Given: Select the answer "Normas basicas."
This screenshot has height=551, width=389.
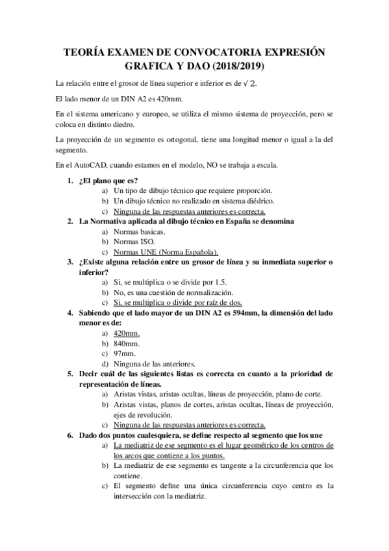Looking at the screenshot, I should (139, 232).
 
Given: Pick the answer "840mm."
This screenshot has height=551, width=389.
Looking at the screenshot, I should (127, 343).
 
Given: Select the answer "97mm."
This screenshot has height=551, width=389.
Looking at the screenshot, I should (124, 353).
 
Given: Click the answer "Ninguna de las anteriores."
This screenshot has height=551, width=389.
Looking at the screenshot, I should (155, 364).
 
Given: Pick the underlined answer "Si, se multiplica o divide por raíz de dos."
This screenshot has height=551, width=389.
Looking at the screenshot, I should (177, 303).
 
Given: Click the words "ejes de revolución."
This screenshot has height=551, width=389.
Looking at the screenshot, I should (145, 415).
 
